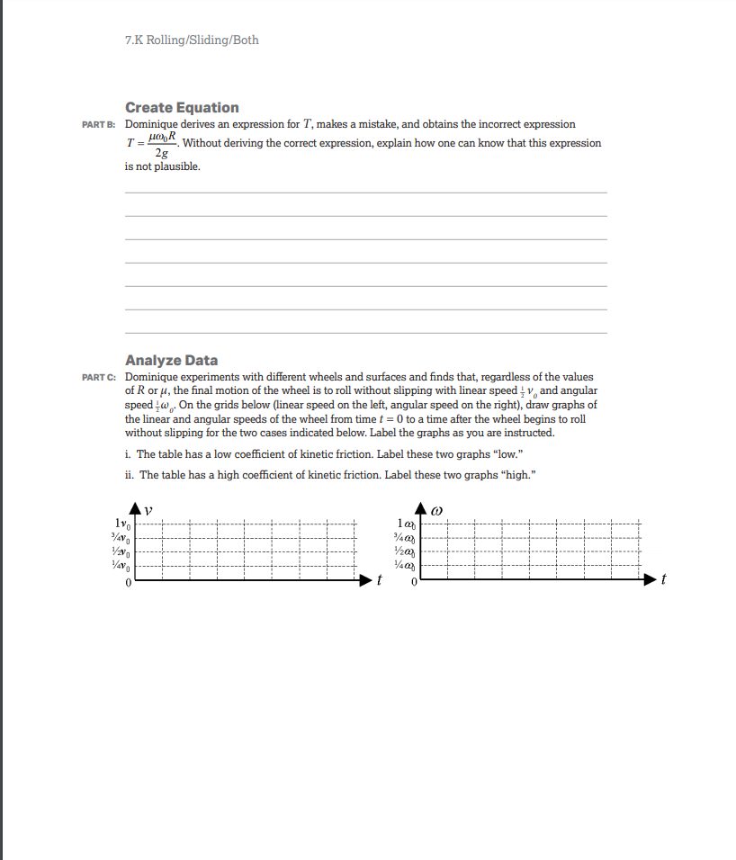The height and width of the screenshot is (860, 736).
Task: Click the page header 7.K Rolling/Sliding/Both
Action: coord(192,40)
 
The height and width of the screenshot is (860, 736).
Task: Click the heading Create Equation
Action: coord(182,108)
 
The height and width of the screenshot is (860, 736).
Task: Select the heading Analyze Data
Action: coord(171,361)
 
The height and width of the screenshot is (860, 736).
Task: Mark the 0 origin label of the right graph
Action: coord(414,583)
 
